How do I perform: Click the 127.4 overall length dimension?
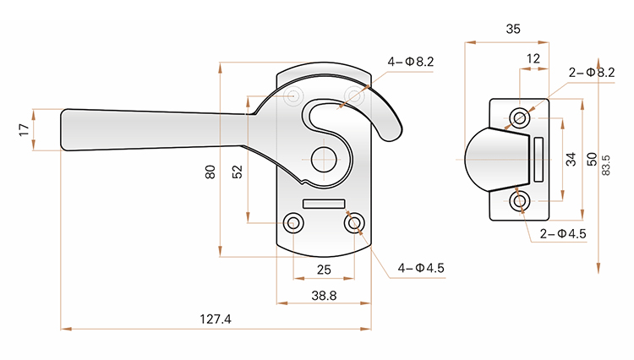coord(216,319)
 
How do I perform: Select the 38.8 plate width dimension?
coord(324,296)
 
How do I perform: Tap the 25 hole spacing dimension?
coord(324,270)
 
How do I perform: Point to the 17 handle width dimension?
coord(25,129)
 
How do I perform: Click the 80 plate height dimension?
coord(210,172)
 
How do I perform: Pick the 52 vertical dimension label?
coord(238,172)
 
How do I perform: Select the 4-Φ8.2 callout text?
coord(411,62)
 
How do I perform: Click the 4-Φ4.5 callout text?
coord(421,268)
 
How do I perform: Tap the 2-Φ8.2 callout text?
coord(592,73)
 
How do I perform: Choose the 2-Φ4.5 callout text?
coord(563,233)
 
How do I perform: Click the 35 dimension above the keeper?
coord(513,29)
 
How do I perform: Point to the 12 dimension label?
coord(533,59)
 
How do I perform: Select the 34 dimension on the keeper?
coord(571,159)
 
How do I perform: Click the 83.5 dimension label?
coord(606,165)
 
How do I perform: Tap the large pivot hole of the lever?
coord(324,160)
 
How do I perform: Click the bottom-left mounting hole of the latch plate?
coord(293,223)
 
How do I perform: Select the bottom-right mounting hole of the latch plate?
coord(354,223)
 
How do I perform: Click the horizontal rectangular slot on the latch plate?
coord(324,204)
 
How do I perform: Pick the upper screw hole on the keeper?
coord(520,118)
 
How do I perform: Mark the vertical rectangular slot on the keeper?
coord(538,160)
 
